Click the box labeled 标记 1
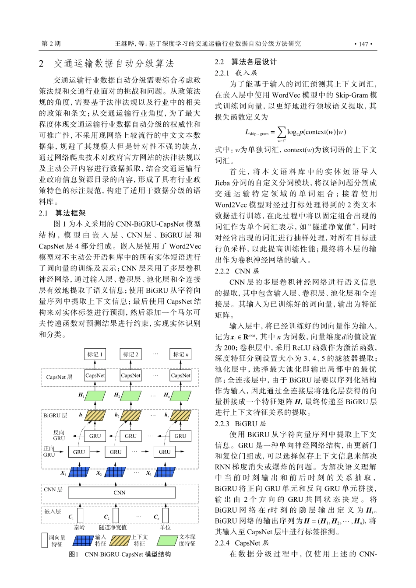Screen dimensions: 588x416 click(x=95, y=354)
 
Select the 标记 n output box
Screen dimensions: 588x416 click(x=180, y=354)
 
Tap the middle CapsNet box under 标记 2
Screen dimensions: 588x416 click(x=130, y=375)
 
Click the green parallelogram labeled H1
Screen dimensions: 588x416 click(x=95, y=396)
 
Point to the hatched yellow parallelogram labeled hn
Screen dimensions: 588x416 click(x=180, y=416)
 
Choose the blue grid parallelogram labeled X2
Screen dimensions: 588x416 click(x=115, y=472)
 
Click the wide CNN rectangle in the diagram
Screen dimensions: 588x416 click(x=120, y=493)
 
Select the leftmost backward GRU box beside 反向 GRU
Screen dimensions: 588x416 click(x=95, y=436)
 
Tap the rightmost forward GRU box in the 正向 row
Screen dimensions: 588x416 click(x=165, y=452)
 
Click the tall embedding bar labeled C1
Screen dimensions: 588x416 click(x=80, y=515)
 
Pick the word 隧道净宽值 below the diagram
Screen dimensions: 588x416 click(x=113, y=528)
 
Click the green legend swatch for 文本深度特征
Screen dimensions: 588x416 click(x=167, y=541)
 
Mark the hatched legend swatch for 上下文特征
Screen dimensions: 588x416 click(x=120, y=541)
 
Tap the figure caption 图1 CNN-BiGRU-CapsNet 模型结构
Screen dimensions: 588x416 click(x=120, y=554)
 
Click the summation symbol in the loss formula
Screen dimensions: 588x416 click(x=281, y=132)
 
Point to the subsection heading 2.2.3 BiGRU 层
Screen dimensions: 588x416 click(x=240, y=423)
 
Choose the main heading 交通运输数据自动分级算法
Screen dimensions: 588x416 click(x=114, y=64)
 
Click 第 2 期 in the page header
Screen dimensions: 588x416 click(x=51, y=44)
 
